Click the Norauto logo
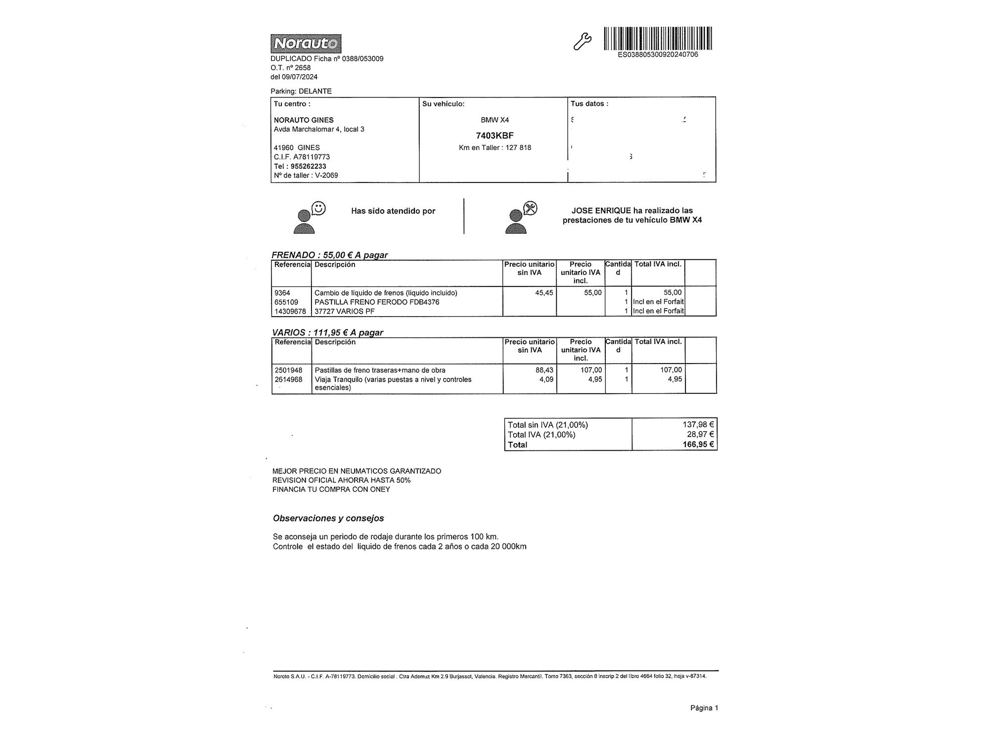(306, 44)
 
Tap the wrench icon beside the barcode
(582, 42)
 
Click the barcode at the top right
(658, 38)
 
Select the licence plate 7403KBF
(494, 136)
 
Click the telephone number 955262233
(308, 166)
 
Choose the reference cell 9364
(282, 293)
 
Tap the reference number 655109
(286, 302)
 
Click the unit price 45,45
(544, 293)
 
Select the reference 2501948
(288, 370)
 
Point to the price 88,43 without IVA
(544, 370)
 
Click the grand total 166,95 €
(698, 444)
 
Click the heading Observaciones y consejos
(328, 518)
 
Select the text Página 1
(704, 708)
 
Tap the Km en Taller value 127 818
(518, 147)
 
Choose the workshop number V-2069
(326, 175)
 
